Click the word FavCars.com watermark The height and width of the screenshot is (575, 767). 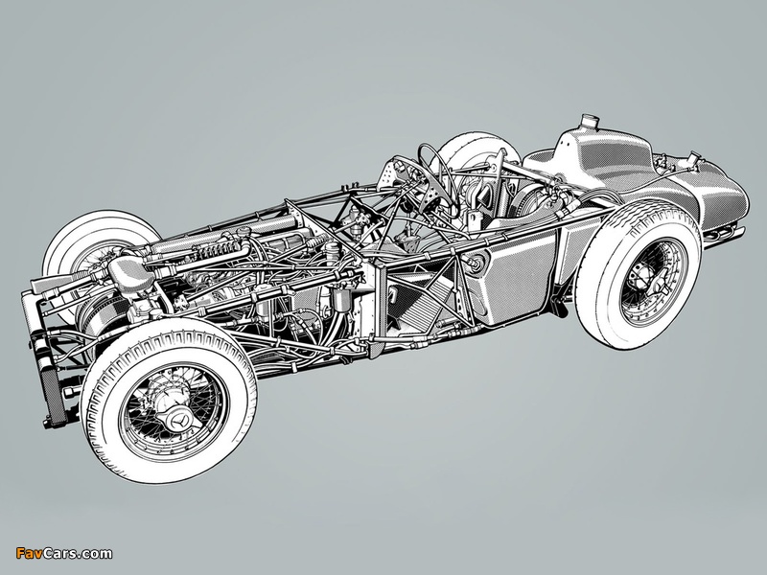pos(64,554)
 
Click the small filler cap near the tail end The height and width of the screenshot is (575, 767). pos(693,157)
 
